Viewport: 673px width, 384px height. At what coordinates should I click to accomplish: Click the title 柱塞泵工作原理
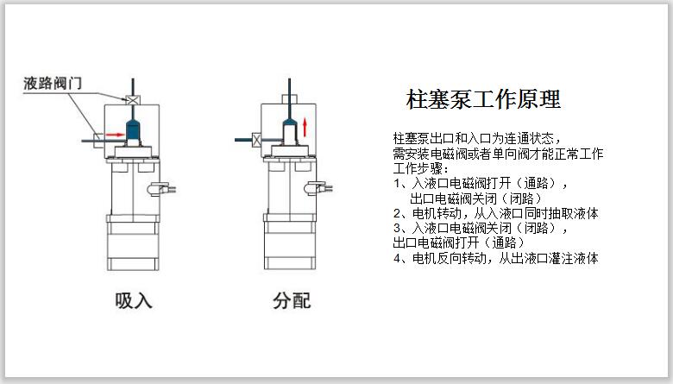[x=483, y=99]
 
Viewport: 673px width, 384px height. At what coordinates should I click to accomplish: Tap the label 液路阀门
[x=53, y=83]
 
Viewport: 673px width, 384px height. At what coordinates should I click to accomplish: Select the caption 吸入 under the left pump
[x=134, y=300]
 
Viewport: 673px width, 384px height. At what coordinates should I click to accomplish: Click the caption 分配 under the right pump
[x=292, y=300]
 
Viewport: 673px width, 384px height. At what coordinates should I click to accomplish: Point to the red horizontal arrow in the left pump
[x=115, y=135]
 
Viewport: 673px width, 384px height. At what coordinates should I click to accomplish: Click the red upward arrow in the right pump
[x=305, y=127]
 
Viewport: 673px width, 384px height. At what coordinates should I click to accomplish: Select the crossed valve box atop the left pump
[x=133, y=100]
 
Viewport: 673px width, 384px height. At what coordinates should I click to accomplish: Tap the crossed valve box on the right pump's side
[x=256, y=140]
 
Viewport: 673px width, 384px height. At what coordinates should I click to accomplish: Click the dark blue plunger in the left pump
[x=133, y=130]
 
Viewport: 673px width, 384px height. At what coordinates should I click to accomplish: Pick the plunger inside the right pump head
[x=290, y=132]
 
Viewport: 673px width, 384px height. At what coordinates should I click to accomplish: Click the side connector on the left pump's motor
[x=161, y=188]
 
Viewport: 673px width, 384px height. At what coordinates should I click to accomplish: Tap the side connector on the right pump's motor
[x=318, y=188]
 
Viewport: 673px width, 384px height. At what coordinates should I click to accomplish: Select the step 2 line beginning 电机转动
[x=496, y=213]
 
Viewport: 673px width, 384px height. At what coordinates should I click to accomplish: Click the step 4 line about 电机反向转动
[x=496, y=258]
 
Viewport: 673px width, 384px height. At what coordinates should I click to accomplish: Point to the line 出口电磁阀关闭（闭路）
[x=475, y=198]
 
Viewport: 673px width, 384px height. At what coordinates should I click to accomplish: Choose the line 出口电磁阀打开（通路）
[x=458, y=242]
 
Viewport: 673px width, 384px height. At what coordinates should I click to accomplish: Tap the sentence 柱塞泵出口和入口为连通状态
[x=477, y=138]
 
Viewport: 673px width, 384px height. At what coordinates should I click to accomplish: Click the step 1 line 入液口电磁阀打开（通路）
[x=481, y=184]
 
